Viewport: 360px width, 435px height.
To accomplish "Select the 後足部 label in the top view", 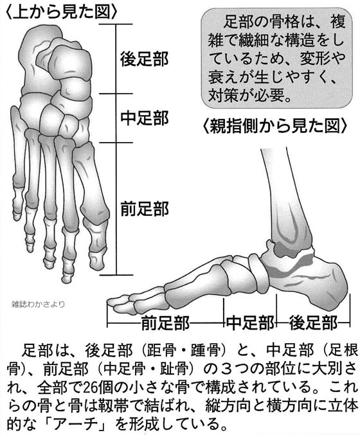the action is tap(144, 59).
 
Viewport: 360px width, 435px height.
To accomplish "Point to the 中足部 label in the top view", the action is tap(144, 118).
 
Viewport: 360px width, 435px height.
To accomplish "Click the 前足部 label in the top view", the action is tap(144, 209).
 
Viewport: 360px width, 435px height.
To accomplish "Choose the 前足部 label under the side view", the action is tap(165, 323).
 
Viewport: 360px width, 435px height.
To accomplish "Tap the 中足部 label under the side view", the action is tap(250, 323).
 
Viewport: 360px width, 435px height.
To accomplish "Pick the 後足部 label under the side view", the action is tap(313, 323).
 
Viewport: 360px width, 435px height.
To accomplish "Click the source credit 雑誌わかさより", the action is tap(39, 305).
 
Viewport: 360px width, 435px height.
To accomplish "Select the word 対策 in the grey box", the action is tap(224, 95).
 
